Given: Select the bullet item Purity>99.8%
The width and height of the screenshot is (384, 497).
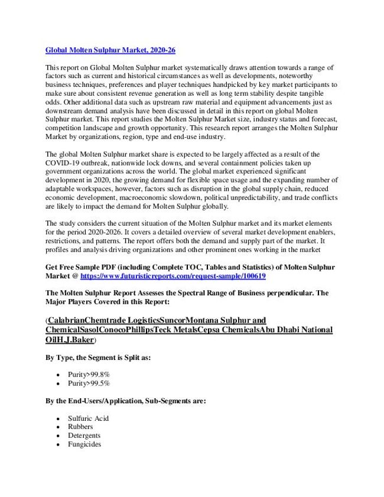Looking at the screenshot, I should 89,375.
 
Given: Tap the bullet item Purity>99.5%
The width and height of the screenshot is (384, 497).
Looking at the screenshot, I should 89,384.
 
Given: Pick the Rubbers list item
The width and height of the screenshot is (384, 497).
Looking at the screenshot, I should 80,427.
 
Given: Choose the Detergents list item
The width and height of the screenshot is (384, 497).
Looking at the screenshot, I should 84,436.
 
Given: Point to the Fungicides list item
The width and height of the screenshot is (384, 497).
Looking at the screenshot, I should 84,444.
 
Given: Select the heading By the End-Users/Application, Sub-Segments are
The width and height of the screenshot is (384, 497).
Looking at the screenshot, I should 126,401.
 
